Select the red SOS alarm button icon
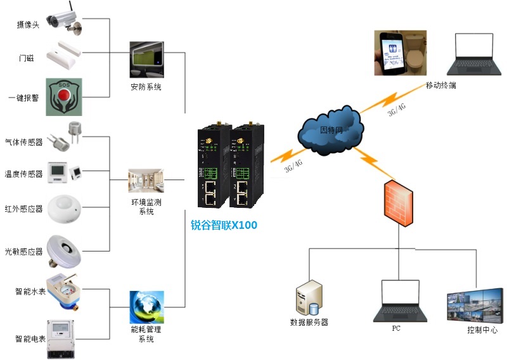[64, 97]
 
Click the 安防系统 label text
[146, 87]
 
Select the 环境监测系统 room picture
[146, 181]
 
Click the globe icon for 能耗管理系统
[146, 307]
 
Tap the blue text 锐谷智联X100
[224, 224]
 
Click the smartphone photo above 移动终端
[400, 53]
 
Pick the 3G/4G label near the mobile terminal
[397, 111]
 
